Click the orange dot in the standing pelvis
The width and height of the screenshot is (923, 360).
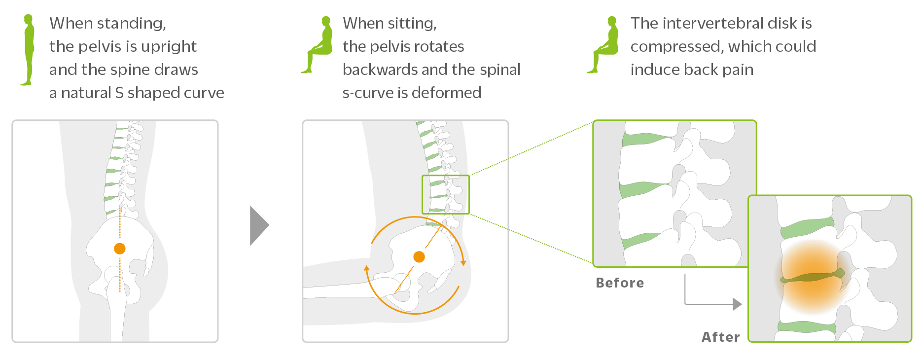119,249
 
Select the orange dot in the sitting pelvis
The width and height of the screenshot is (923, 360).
419,257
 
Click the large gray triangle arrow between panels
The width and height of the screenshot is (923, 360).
258,226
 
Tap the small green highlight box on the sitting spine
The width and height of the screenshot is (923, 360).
445,194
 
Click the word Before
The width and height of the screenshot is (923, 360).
620,283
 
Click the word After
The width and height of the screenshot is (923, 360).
720,337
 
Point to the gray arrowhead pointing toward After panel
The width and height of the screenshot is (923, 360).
737,304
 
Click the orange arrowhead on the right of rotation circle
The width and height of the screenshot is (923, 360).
463,262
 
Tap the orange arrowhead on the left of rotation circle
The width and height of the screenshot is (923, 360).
366,269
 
